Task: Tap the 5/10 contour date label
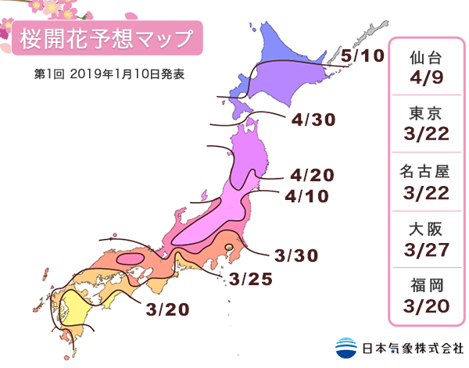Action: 363,56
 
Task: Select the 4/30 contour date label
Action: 312,120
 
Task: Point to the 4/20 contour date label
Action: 312,175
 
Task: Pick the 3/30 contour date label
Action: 298,256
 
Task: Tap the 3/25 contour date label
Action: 250,279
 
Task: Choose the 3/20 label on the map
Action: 167,309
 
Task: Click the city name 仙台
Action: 428,58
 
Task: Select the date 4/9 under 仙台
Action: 428,79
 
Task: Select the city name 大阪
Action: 428,229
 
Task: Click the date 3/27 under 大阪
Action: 428,250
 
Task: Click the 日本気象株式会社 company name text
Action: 410,346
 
